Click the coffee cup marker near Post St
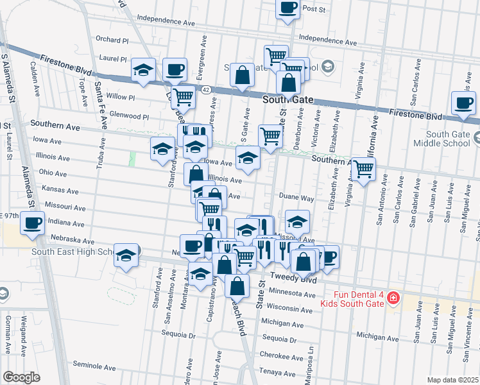(x=287, y=8)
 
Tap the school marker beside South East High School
(x=126, y=257)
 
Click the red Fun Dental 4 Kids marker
(x=393, y=298)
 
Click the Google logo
(x=21, y=377)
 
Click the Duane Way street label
(x=296, y=199)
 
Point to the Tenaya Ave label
(x=277, y=372)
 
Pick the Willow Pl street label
(x=121, y=98)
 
